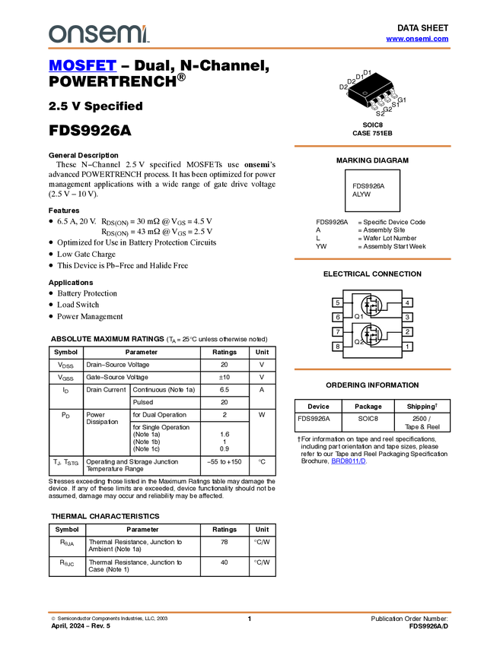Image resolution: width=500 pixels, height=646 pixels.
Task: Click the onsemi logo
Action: coord(99,33)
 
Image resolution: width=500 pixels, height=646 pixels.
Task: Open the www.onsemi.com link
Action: coord(417,39)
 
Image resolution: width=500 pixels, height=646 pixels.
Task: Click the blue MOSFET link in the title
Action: coord(82,65)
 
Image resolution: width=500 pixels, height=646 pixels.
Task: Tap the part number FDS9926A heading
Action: coord(90,130)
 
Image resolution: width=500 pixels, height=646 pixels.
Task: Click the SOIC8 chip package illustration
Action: coord(372,93)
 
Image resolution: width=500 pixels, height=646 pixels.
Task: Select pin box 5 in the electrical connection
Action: coord(337,302)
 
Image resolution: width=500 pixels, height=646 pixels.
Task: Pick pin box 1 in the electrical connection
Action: coord(407,347)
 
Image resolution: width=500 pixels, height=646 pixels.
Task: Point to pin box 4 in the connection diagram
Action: coord(407,302)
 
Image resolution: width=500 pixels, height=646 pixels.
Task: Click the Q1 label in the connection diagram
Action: coord(359,316)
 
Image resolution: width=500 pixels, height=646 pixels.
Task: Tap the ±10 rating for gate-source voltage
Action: coord(225,377)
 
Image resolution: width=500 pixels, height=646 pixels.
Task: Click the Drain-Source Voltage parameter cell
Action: coord(117,365)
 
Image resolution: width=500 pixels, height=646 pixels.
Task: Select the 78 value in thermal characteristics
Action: coord(225,542)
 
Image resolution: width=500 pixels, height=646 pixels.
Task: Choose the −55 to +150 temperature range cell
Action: coord(225,462)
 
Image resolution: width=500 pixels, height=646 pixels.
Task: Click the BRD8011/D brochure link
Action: coord(349,461)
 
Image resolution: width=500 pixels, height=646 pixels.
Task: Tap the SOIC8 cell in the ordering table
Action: coord(368,419)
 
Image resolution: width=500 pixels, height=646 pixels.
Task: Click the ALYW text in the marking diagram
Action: coord(361,195)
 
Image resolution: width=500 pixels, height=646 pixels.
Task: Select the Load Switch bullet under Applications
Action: coord(78,305)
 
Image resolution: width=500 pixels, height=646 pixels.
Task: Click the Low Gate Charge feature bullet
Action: coord(86,254)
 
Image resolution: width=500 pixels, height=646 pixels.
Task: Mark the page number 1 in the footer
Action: coord(250,619)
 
